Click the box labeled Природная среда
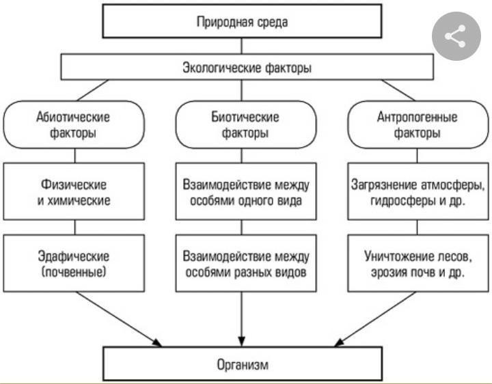242,22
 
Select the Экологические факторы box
247,68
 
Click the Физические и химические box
73,192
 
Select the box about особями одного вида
245,192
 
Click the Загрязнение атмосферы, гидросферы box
418,192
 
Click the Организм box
242,364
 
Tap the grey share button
455,37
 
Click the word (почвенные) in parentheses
73,273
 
